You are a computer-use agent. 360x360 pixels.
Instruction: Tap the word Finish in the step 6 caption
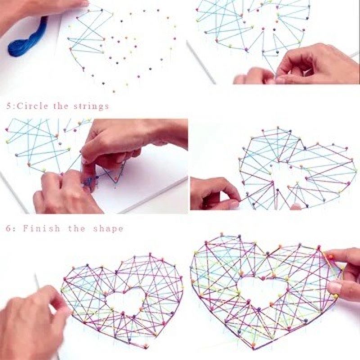point(41,229)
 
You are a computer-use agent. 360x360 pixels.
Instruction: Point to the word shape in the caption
point(108,229)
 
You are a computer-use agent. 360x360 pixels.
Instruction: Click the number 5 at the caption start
point(9,106)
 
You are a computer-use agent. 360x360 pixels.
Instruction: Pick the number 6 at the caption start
point(9,229)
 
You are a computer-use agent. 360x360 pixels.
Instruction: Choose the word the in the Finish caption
point(76,229)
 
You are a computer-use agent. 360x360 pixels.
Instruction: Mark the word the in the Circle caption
point(61,106)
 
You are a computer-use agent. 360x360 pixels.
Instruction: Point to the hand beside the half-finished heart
point(213,193)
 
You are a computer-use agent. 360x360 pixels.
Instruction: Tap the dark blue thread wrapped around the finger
point(90,181)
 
